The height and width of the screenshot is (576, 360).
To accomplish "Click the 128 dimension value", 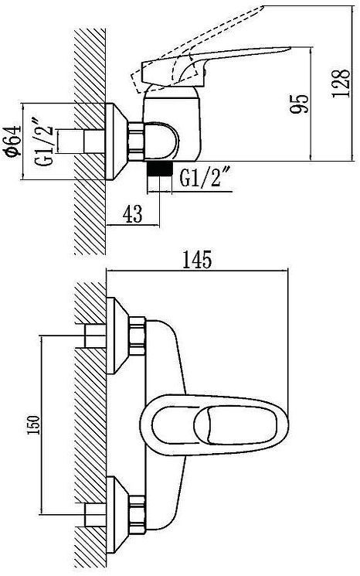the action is (341, 83).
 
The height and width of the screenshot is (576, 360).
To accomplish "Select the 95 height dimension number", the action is (300, 104).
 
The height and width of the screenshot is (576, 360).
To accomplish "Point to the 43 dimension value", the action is (132, 214).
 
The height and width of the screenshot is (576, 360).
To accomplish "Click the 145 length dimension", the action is (197, 260).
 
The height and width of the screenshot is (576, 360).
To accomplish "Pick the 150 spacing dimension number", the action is (34, 424).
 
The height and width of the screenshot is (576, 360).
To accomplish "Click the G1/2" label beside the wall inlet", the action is (46, 141).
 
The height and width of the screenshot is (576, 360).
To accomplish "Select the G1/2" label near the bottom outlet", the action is (205, 177).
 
